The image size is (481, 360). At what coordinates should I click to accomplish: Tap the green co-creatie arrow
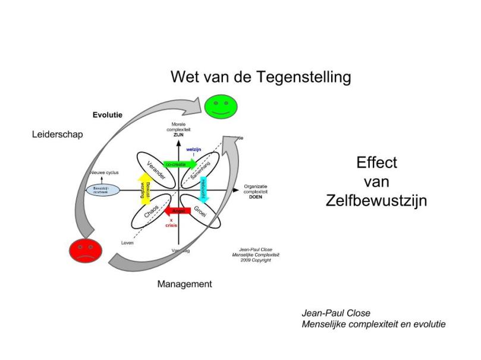click(x=178, y=163)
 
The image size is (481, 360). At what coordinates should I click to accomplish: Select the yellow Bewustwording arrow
click(x=143, y=190)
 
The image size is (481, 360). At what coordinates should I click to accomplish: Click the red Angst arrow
click(x=177, y=210)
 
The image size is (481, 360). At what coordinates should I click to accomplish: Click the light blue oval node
click(x=103, y=190)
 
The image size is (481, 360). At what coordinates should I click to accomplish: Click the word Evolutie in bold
click(x=108, y=115)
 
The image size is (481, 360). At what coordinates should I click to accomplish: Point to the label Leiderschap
click(x=57, y=134)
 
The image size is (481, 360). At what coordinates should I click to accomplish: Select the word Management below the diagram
click(x=184, y=284)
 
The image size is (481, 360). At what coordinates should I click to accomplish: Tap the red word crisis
click(x=171, y=225)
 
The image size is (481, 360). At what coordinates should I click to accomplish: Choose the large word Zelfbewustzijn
click(x=376, y=200)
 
